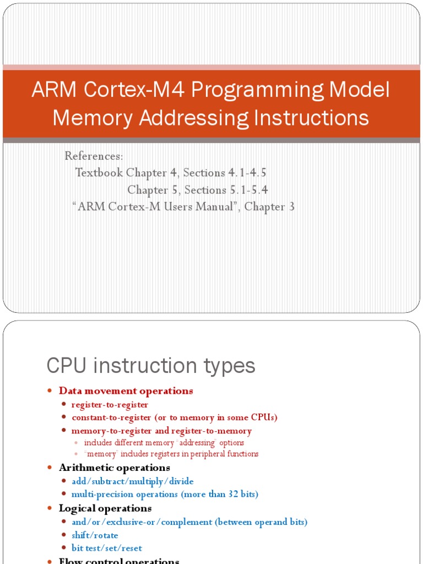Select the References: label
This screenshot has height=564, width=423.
click(x=94, y=156)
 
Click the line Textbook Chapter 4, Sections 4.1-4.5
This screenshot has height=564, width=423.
click(x=171, y=173)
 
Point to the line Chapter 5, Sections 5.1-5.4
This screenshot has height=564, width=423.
click(x=198, y=190)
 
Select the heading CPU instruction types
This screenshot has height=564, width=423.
click(x=151, y=366)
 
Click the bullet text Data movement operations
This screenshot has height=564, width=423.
click(x=126, y=391)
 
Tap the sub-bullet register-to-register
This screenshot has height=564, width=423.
click(x=110, y=405)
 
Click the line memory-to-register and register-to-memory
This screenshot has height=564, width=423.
click(x=161, y=431)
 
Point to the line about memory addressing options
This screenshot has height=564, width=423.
click(x=164, y=443)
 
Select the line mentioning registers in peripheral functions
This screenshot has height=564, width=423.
click(x=171, y=454)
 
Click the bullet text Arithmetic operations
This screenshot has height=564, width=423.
click(x=114, y=468)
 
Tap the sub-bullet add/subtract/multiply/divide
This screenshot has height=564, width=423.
click(x=132, y=481)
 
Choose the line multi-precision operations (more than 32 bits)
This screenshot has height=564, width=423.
click(x=164, y=495)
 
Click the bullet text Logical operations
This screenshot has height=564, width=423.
click(x=105, y=508)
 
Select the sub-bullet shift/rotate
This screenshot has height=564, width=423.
click(x=95, y=535)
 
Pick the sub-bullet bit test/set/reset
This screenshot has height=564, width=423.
click(x=106, y=549)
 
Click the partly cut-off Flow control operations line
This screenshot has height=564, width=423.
click(x=119, y=561)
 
